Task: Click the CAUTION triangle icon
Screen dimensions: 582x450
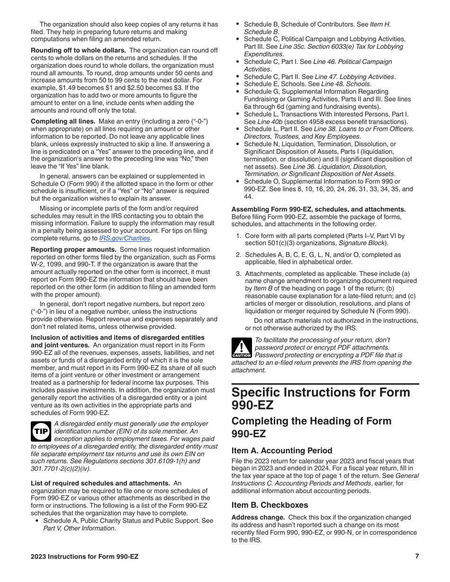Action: tap(241, 348)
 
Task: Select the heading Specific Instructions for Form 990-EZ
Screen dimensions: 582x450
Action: tap(321, 398)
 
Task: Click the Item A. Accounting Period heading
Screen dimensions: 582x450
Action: tap(282, 450)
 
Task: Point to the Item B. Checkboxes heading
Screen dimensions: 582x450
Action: tap(270, 505)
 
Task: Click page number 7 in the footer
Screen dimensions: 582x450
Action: tap(417, 556)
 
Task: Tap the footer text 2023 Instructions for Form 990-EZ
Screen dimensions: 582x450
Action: tap(85, 557)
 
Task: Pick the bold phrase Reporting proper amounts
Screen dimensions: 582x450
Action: tap(73, 249)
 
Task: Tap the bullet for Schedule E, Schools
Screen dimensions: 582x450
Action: tap(237, 84)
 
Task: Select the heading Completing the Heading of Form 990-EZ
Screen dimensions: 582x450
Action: tap(311, 427)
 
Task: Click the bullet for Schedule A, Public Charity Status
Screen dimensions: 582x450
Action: tap(37, 521)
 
